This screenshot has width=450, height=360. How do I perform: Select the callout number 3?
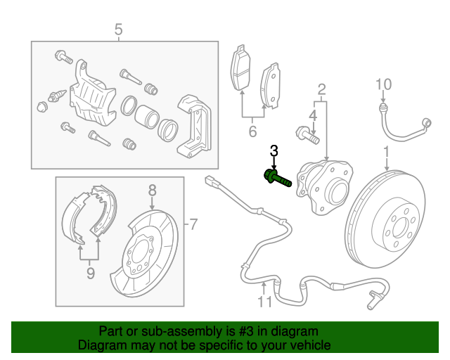tap(274, 150)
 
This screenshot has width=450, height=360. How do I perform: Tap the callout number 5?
tap(118, 29)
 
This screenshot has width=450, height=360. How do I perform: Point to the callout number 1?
tap(386, 152)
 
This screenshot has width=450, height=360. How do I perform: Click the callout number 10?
tap(382, 85)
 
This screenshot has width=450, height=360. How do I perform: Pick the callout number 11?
tap(264, 302)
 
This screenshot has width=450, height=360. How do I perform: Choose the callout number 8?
tap(151, 189)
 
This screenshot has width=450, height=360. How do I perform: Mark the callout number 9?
tap(90, 274)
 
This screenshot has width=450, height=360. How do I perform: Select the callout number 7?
tap(193, 225)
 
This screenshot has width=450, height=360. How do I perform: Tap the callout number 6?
tap(252, 131)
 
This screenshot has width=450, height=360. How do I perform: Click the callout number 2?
tap(322, 89)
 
